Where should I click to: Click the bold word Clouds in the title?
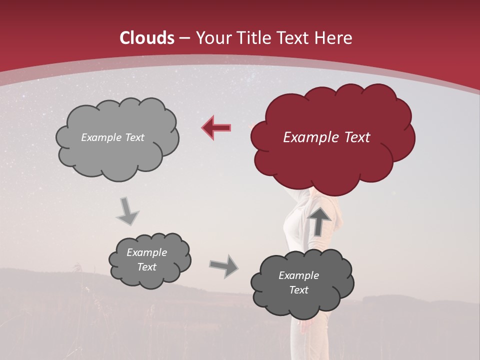coord(147,38)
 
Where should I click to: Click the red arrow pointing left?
coord(217,127)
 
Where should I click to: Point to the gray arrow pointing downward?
coord(127,211)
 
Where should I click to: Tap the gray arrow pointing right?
coord(223,265)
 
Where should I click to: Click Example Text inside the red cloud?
coord(326,137)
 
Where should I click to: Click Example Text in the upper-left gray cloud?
coord(112,137)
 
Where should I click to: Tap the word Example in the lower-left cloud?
coord(146,252)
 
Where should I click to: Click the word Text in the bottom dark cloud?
coord(298,290)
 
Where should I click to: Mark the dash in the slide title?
coord(184,38)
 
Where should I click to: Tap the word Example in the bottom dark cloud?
coord(298,275)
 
